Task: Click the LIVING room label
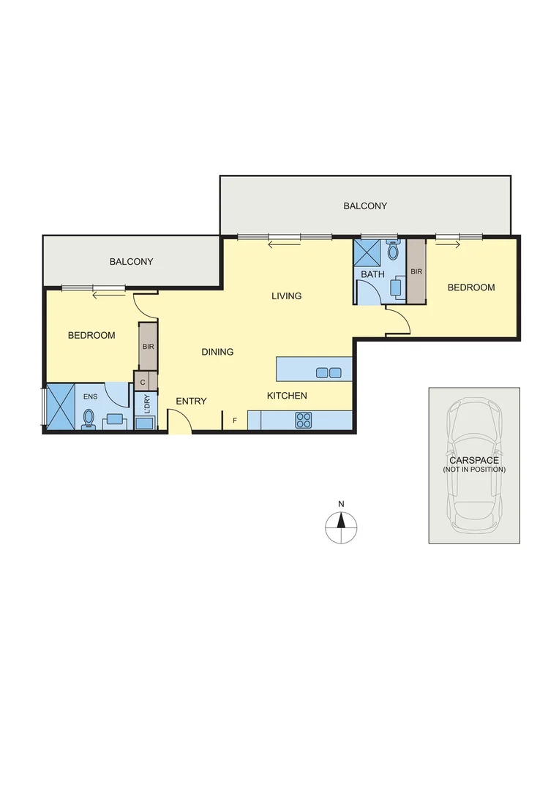pos(286,296)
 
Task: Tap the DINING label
pos(217,352)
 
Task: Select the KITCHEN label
pos(286,396)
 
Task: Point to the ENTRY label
pos(191,401)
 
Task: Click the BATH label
pos(372,275)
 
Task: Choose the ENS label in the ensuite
pos(90,396)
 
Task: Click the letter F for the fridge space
pos(235,421)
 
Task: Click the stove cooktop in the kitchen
pos(304,420)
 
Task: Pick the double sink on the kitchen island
pos(329,373)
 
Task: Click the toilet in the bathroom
pos(393,252)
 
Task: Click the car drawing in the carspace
pos(474,465)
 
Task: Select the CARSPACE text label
pos(474,461)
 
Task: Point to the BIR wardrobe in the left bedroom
pos(148,346)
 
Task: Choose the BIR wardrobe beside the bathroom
pos(416,271)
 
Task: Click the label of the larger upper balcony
pos(365,206)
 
